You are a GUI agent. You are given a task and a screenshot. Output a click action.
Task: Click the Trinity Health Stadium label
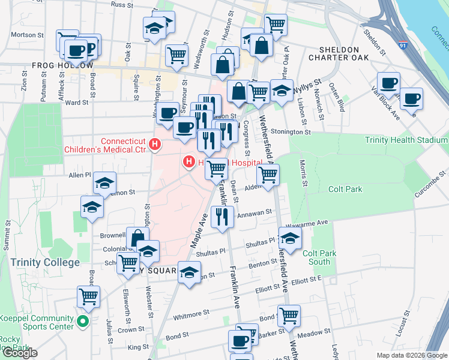click(x=406, y=140)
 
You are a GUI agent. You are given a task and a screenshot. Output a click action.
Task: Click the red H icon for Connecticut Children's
click(x=155, y=144)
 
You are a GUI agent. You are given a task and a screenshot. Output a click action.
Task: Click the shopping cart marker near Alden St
click(x=268, y=175)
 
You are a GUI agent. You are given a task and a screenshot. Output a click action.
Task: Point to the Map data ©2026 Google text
click(x=411, y=355)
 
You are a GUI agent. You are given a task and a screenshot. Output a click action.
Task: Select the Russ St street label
click(x=121, y=5)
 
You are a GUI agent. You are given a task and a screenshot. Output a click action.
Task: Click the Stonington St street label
click(x=291, y=131)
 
